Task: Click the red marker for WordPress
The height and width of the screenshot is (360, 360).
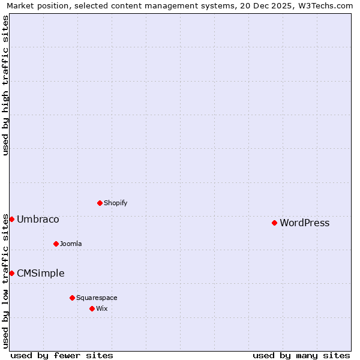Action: pyautogui.click(x=274, y=223)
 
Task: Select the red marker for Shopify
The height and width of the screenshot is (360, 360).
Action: pyautogui.click(x=100, y=203)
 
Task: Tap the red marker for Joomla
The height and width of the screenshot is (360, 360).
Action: pyautogui.click(x=56, y=244)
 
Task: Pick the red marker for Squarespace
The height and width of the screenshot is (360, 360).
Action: pyautogui.click(x=72, y=298)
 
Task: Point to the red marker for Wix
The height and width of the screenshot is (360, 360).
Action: pyautogui.click(x=92, y=308)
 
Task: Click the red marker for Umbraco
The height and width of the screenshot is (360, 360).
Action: pyautogui.click(x=11, y=219)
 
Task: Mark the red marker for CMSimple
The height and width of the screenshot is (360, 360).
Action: pyautogui.click(x=11, y=273)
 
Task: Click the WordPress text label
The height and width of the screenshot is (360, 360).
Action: pyautogui.click(x=304, y=223)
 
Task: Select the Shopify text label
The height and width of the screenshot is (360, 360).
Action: pyautogui.click(x=115, y=203)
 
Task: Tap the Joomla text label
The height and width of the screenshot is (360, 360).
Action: pyautogui.click(x=71, y=244)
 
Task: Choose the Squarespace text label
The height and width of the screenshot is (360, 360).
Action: pyautogui.click(x=97, y=298)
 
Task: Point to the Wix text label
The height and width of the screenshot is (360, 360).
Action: pyautogui.click(x=101, y=308)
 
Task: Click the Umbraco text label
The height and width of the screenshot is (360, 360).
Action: pyautogui.click(x=38, y=220)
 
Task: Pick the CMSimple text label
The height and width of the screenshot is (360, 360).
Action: pyautogui.click(x=40, y=274)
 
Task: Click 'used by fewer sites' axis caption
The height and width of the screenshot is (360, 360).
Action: pyautogui.click(x=62, y=355)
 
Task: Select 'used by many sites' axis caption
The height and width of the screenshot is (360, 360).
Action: pyautogui.click(x=301, y=355)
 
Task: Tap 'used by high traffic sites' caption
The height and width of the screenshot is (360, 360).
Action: pyautogui.click(x=6, y=85)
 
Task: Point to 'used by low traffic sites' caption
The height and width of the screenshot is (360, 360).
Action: pyautogui.click(x=6, y=281)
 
